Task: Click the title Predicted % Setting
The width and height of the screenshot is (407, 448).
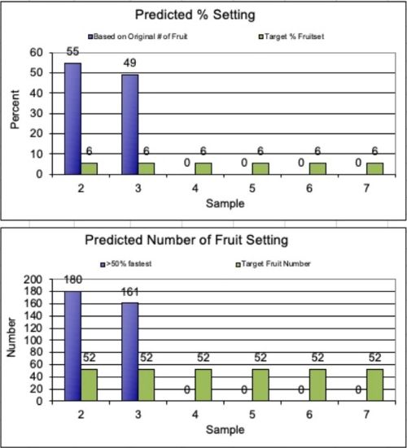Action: (205, 14)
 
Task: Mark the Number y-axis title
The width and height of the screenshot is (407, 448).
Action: (11, 341)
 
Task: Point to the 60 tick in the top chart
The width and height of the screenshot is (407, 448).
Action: (36, 51)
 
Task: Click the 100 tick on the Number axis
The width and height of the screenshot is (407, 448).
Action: (33, 340)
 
